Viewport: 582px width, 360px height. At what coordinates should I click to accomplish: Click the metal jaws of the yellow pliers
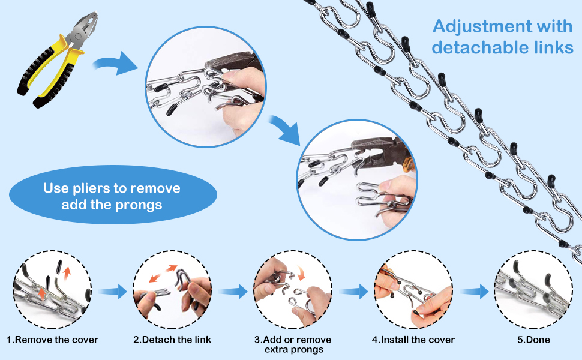click(85, 29)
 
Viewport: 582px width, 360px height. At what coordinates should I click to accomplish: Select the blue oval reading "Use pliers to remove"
click(113, 194)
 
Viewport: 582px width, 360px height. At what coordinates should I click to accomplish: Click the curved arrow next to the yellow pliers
click(115, 64)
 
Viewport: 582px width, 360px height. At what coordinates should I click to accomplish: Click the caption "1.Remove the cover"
click(52, 340)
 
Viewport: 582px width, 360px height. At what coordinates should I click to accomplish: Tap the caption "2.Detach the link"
click(172, 340)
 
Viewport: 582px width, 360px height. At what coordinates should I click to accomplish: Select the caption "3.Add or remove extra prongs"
click(293, 344)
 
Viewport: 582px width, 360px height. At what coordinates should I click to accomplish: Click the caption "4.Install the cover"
click(413, 340)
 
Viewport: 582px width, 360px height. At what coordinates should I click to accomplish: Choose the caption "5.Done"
click(534, 340)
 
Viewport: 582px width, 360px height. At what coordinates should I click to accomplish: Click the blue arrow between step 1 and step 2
click(113, 292)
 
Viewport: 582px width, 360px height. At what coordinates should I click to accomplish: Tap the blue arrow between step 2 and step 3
click(233, 292)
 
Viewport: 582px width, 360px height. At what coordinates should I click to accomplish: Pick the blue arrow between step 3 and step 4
click(353, 292)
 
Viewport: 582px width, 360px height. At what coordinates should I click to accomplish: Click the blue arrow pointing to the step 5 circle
click(475, 292)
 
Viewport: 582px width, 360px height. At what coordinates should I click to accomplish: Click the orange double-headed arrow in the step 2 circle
click(163, 274)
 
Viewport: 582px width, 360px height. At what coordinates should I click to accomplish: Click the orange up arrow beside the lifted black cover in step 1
click(67, 273)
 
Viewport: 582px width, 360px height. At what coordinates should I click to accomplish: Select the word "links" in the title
click(554, 47)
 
